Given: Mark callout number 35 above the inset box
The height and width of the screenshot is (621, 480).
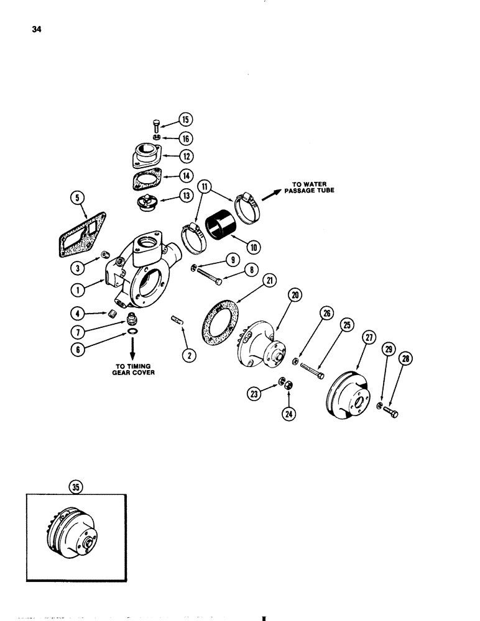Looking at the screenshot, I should [x=76, y=487].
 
